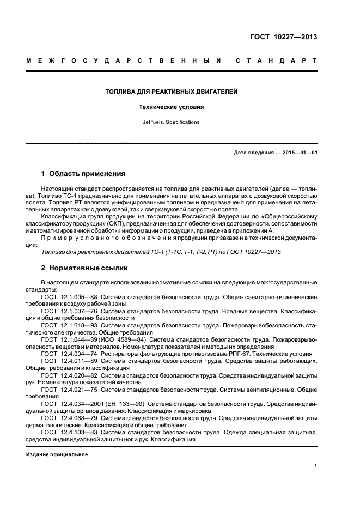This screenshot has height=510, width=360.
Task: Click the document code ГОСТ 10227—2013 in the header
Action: [284, 37]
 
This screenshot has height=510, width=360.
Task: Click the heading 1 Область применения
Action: [83, 174]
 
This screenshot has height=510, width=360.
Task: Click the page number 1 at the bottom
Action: [315, 465]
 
